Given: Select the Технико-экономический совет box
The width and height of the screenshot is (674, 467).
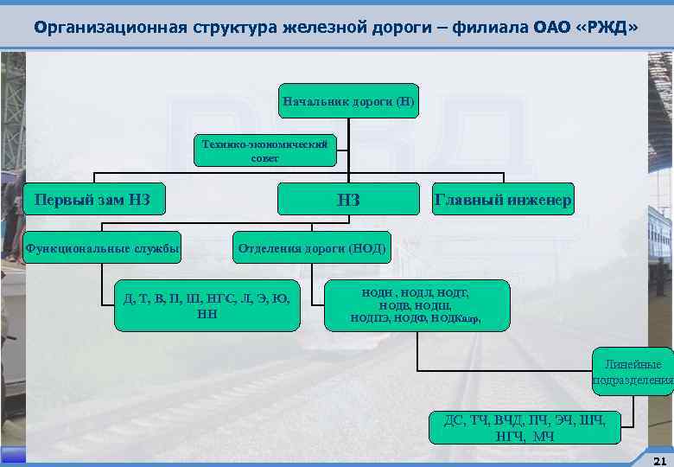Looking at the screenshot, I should pos(264,150).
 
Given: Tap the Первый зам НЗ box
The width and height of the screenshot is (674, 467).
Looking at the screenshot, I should pos(92,202).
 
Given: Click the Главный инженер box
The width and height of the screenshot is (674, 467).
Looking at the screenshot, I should pos(502,202).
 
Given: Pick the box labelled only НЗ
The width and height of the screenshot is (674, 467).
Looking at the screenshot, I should pos(348,202).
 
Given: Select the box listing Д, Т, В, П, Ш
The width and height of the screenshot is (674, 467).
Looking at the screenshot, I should pos(207,305).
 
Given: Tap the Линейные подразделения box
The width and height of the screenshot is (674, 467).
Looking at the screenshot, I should pos(633,372).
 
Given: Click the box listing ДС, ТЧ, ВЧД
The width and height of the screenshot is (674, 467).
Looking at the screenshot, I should pos(531,428).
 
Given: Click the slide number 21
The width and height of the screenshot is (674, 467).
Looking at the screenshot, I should pos(659,459).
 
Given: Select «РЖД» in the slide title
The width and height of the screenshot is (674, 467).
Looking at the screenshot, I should pos(607,27).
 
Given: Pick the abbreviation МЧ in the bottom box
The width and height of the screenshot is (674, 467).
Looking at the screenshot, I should pos(544,436).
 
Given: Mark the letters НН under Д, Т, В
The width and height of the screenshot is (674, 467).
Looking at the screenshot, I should pos(207,313).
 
